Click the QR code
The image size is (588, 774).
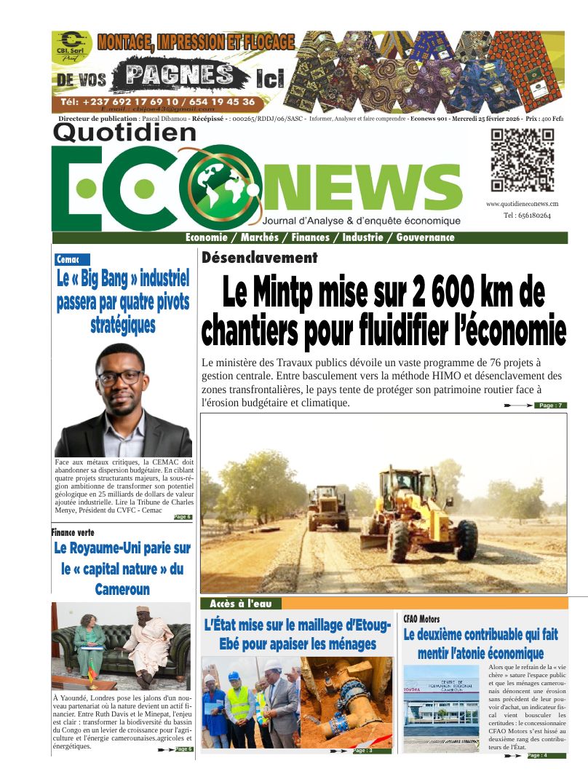pyautogui.click(x=522, y=160)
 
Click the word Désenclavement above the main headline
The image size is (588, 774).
pyautogui.click(x=260, y=258)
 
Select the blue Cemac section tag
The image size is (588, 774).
pyautogui.click(x=72, y=259)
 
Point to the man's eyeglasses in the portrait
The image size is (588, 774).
pyautogui.click(x=120, y=377)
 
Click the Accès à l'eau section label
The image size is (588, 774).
pyautogui.click(x=240, y=604)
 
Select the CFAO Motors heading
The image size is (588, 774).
pyautogui.click(x=421, y=619)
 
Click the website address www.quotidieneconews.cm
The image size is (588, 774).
pyautogui.click(x=522, y=204)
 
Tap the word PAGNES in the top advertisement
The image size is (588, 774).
pyautogui.click(x=179, y=75)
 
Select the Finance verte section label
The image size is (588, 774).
pyautogui.click(x=73, y=532)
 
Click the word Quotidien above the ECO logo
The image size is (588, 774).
pyautogui.click(x=124, y=132)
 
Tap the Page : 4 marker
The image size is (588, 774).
pyautogui.click(x=538, y=756)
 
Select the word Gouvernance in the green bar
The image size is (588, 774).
pyautogui.click(x=425, y=237)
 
